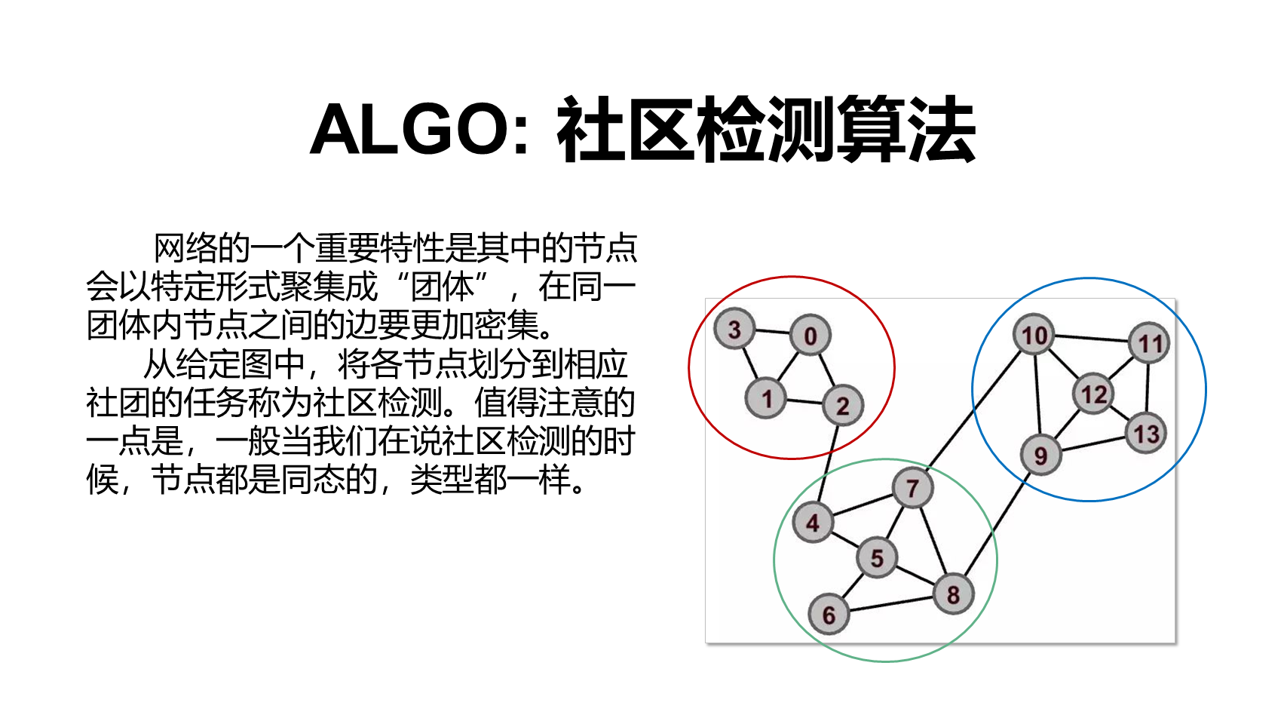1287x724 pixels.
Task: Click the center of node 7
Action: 912,489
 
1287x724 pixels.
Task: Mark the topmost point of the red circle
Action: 792,277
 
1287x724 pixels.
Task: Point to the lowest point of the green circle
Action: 885,661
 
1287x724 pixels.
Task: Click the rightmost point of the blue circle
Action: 1206,390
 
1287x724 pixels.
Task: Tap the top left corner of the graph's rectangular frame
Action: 706,299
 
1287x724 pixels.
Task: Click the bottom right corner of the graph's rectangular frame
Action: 1175,643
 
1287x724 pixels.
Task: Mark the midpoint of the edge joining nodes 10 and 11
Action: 1092,339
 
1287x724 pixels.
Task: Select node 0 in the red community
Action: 810,336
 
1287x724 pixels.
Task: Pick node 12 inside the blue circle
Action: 1093,394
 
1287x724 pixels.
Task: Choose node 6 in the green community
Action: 829,615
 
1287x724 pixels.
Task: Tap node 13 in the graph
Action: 1146,434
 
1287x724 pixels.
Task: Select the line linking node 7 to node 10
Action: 974,410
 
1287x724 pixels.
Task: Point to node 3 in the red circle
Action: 734,330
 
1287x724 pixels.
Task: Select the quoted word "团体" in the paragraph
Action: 443,287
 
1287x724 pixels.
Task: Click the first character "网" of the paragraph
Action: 170,248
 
